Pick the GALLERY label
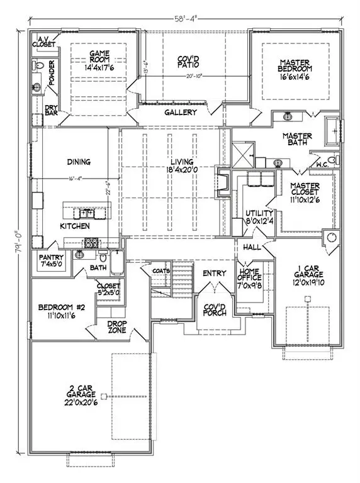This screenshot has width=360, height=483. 181,113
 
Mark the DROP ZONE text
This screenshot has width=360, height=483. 116,327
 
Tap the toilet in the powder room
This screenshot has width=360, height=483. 37,66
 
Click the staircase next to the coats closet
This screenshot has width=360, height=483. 171,282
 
